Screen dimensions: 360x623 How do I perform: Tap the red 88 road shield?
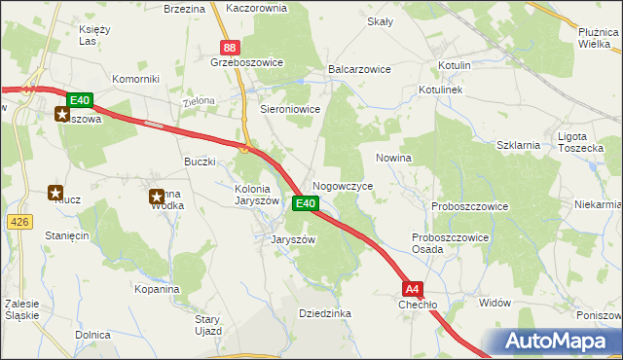229,47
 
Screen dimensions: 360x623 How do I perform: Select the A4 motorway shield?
413,288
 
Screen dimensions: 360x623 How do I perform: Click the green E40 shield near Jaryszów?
305,203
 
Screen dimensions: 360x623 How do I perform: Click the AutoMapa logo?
561,342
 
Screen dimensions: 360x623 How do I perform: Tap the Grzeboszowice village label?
246,62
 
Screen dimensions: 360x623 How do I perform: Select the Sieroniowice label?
290,110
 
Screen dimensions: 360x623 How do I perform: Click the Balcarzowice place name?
359,70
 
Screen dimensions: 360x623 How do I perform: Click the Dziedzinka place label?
325,313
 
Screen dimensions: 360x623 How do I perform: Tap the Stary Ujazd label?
208,325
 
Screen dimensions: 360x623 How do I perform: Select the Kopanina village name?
158,290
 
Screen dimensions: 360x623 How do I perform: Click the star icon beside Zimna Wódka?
156,198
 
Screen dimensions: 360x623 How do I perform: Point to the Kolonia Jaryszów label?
258,195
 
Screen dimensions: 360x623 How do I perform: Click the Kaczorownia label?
256,8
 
